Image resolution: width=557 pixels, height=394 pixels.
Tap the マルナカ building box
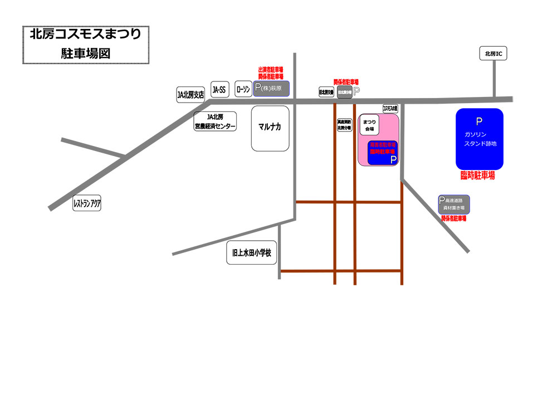270,128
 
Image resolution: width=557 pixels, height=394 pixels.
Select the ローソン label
243,89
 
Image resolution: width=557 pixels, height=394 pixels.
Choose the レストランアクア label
87,204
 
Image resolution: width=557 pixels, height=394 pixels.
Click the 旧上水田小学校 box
252,252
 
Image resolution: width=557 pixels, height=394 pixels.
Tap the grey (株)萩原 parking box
271,88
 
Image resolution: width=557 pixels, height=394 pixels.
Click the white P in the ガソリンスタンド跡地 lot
479,122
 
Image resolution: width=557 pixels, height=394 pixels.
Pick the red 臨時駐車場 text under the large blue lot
478,176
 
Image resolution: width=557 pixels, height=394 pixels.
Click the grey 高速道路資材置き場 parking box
454,204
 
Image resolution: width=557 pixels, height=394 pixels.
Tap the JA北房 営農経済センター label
215,122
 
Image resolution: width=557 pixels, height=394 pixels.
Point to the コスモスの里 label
390,108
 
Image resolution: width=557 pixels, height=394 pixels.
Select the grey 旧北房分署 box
344,93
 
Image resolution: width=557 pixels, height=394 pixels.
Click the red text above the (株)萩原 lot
271,73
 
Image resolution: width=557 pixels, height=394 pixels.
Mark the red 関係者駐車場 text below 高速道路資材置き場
453,219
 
